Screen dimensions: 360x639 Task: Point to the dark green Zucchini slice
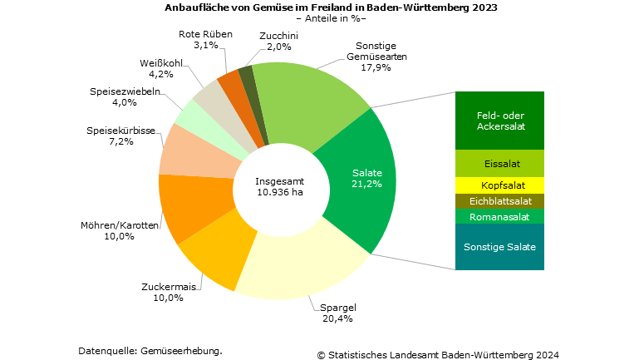[247, 79]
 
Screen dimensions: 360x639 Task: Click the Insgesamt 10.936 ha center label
[279, 186]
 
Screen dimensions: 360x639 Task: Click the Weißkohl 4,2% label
[156, 68]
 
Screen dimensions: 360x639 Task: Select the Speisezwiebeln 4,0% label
[124, 96]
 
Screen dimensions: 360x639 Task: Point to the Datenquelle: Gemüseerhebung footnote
[150, 350]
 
